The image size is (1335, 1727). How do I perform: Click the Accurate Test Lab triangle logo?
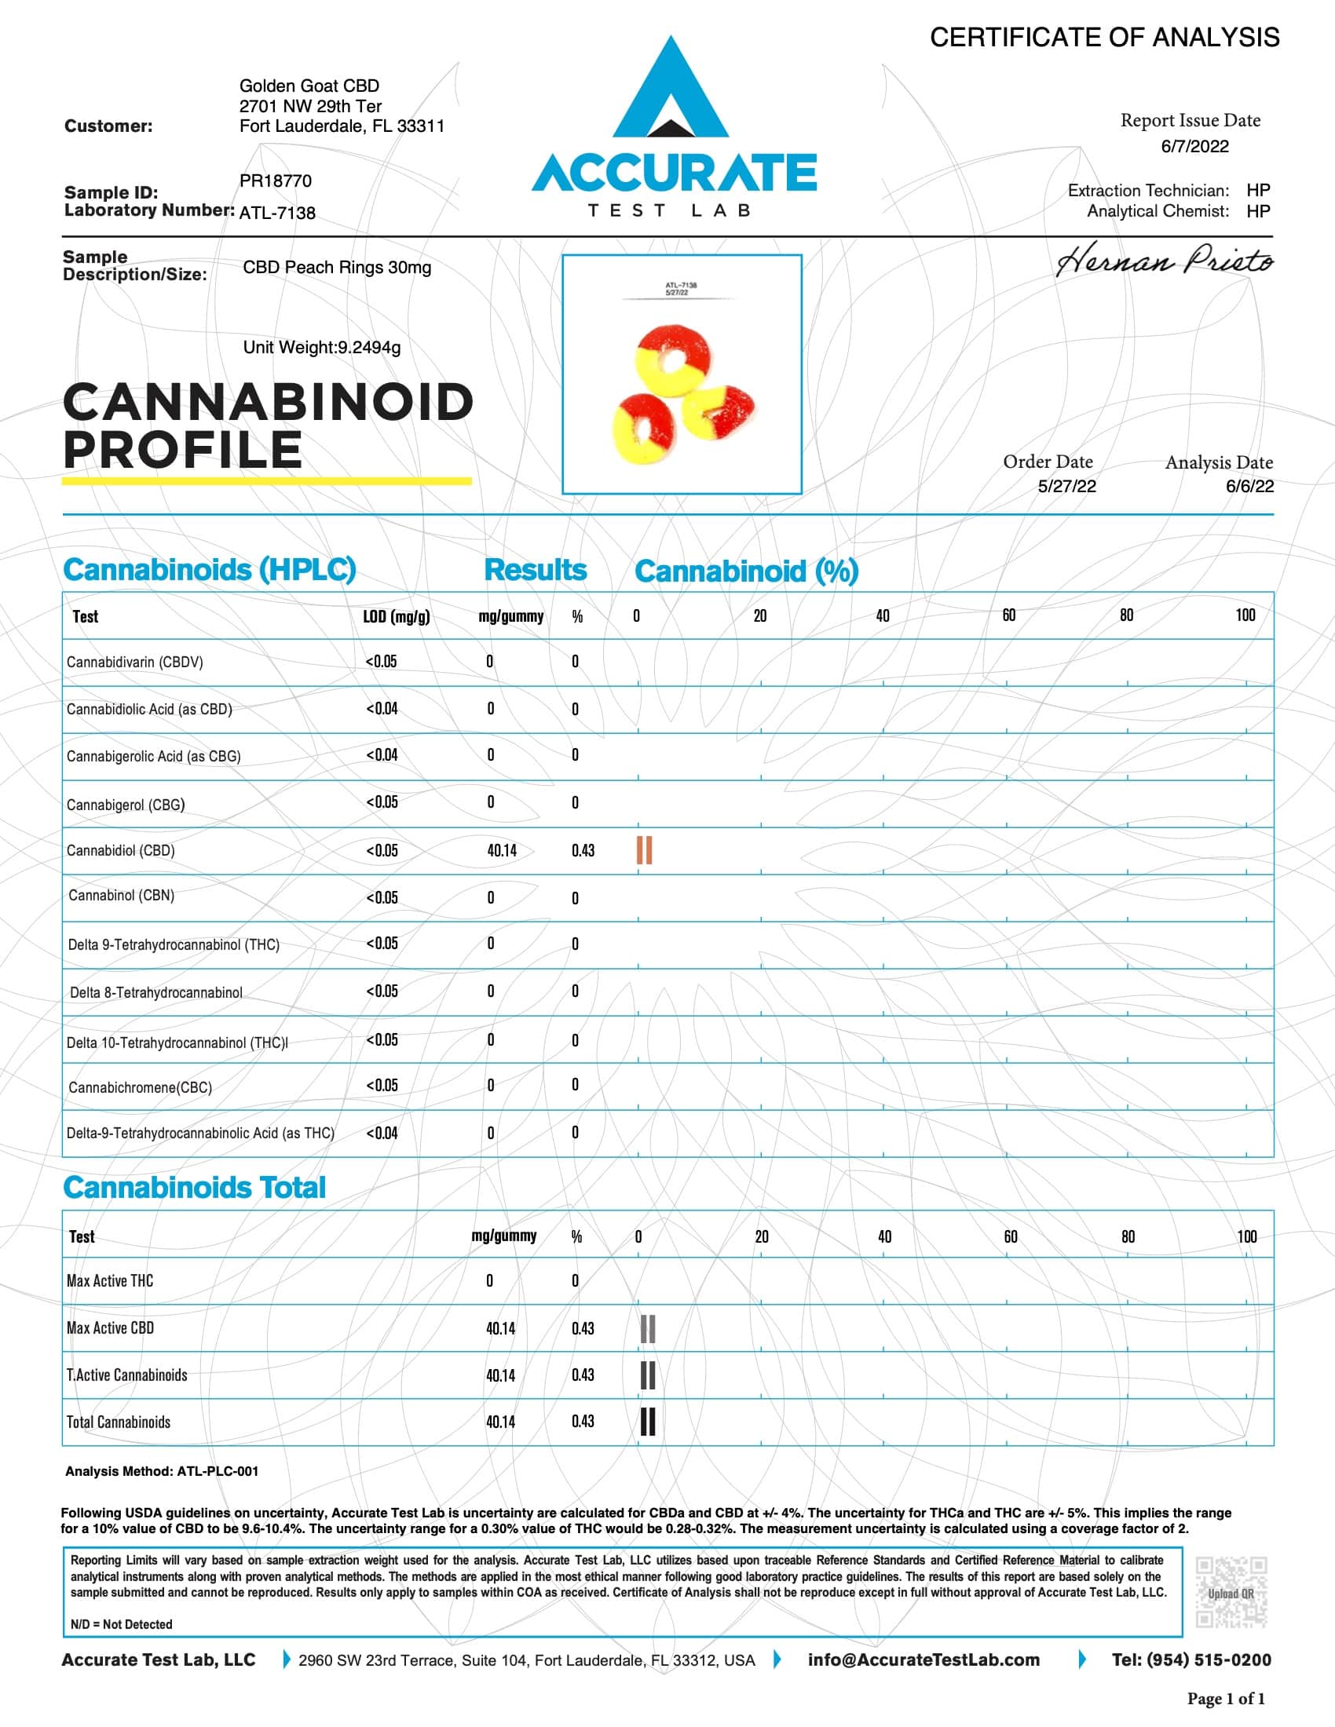pos(671,89)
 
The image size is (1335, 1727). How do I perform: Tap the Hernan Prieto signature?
pos(1164,261)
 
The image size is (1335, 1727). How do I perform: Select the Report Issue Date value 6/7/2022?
pos(1194,146)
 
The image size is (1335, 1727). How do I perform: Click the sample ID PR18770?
pos(275,181)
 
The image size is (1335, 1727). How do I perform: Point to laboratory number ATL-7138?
pos(276,213)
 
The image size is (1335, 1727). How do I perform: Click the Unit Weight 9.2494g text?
pos(321,347)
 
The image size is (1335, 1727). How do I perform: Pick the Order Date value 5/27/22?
pos(1067,487)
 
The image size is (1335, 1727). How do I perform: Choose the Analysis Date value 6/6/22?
pos(1249,487)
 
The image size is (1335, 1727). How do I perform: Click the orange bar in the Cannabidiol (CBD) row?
pos(645,850)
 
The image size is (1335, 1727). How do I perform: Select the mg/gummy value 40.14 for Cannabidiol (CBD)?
pos(502,851)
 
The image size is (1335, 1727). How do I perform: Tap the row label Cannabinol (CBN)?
pos(121,895)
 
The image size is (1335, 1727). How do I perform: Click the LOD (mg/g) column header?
pos(397,617)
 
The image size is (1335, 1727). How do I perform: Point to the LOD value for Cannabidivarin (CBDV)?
pos(381,662)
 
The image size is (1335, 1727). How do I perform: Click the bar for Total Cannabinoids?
pos(648,1421)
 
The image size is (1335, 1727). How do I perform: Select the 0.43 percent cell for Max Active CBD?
pos(583,1328)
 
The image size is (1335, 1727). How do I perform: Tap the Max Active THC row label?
pos(110,1281)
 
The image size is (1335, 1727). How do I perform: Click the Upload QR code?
pos(1231,1594)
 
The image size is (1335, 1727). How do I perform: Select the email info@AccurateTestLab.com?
pos(924,1659)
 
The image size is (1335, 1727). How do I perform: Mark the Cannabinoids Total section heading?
pos(195,1188)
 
